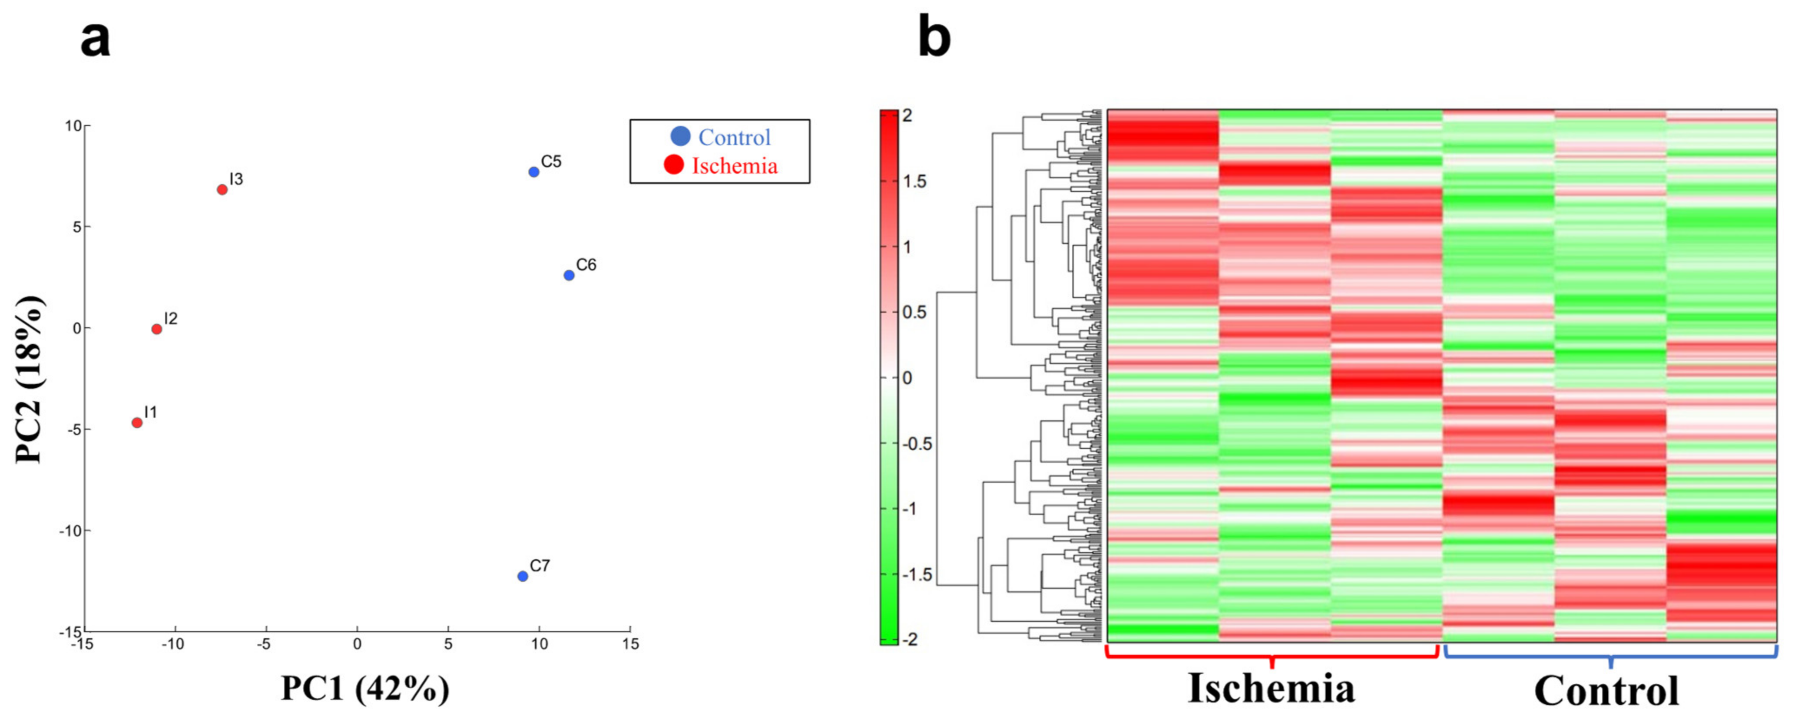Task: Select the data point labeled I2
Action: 157,329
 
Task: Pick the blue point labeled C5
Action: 534,172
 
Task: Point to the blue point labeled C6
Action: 569,275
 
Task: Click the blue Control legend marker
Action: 680,137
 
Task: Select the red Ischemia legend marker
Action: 674,165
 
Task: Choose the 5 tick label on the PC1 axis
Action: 447,644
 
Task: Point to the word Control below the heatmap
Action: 1606,692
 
